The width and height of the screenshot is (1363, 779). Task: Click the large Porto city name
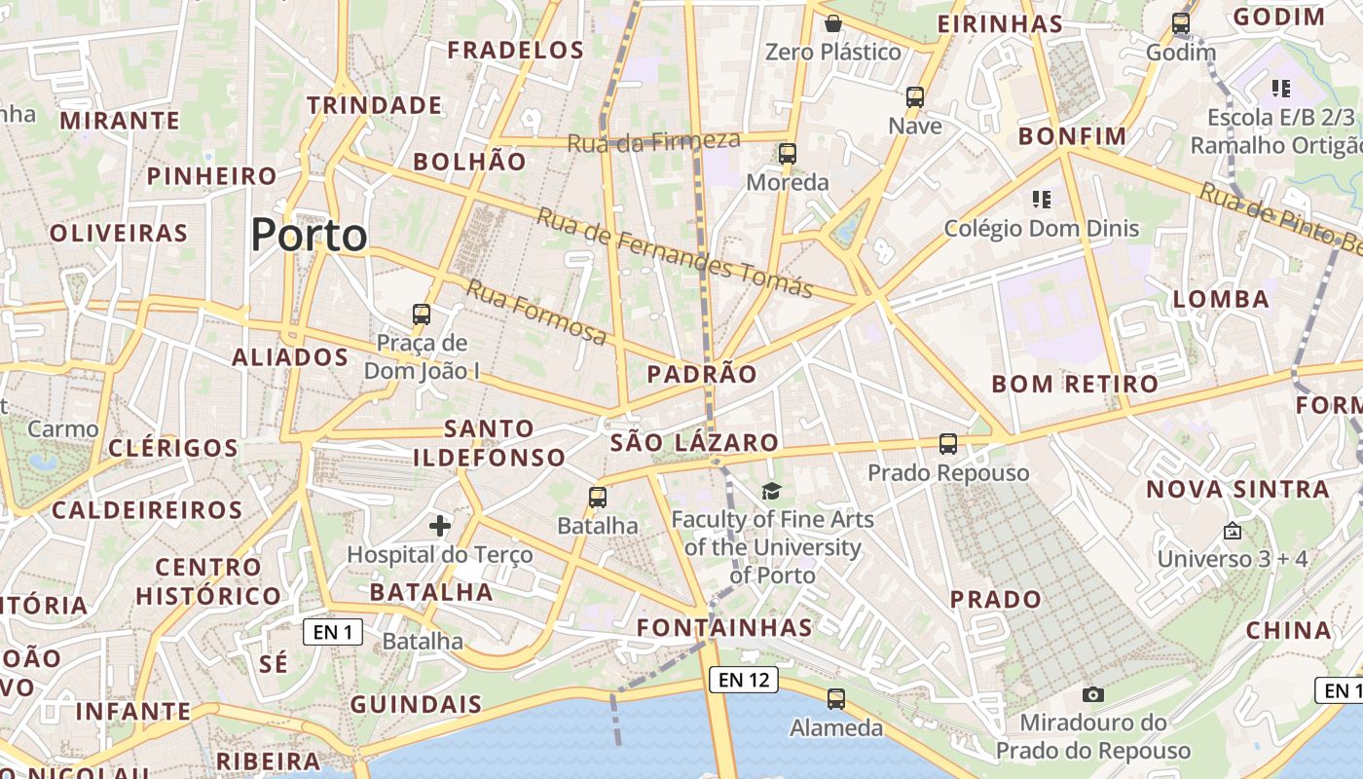click(x=310, y=235)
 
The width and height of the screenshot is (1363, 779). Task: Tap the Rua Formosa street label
click(x=536, y=312)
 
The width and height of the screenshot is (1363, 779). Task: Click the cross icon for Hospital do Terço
click(x=440, y=526)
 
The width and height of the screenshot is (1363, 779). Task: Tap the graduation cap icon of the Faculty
click(x=772, y=491)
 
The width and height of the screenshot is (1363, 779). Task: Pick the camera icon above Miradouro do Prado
click(x=1093, y=694)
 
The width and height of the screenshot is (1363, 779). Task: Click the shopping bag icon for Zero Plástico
click(x=832, y=23)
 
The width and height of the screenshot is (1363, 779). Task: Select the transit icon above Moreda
click(x=788, y=154)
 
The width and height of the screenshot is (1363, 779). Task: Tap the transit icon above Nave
click(x=915, y=97)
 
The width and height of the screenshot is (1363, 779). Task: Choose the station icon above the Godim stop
click(x=1181, y=23)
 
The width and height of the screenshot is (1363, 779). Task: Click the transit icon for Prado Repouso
click(x=948, y=444)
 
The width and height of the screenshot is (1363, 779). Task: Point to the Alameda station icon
click(x=836, y=698)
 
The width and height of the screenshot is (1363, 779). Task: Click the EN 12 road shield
click(x=744, y=680)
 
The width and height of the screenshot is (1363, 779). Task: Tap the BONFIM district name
click(x=1072, y=136)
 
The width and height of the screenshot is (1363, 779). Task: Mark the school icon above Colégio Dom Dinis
click(x=1042, y=200)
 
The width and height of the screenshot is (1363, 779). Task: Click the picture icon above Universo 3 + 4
click(x=1233, y=531)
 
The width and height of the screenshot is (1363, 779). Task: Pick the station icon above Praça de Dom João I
click(x=422, y=315)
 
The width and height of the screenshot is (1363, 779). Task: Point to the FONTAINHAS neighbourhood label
click(x=724, y=627)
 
